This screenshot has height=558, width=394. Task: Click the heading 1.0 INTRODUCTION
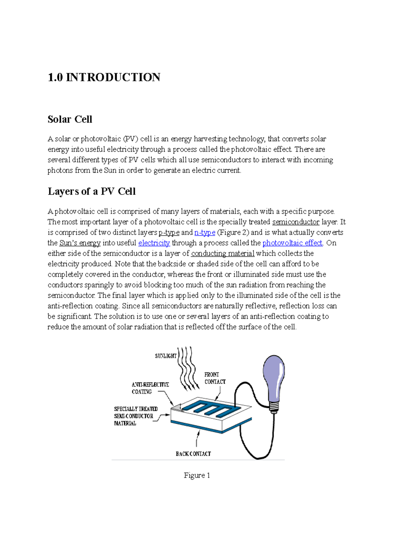tap(104, 78)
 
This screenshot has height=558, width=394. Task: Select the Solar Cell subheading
tap(70, 119)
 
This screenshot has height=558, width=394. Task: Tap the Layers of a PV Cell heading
tap(92, 192)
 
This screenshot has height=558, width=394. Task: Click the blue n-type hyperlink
tap(205, 233)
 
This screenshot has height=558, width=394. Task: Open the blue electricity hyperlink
tap(154, 243)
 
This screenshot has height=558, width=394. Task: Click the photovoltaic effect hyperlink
tap(293, 243)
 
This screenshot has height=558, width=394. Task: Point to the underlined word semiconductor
tap(295, 222)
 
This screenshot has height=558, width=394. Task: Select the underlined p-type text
tap(169, 233)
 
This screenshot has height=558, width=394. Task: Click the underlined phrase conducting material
tap(223, 254)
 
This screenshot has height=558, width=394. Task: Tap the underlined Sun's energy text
tap(80, 243)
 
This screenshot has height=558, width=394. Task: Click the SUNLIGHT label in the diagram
tap(165, 356)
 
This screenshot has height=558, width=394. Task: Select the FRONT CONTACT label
tap(215, 378)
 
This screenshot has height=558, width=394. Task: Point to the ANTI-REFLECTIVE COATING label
tap(150, 388)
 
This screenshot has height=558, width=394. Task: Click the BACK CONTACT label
tap(193, 454)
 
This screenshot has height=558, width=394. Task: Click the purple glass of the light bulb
tap(274, 378)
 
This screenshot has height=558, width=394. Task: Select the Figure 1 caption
tap(197, 476)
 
